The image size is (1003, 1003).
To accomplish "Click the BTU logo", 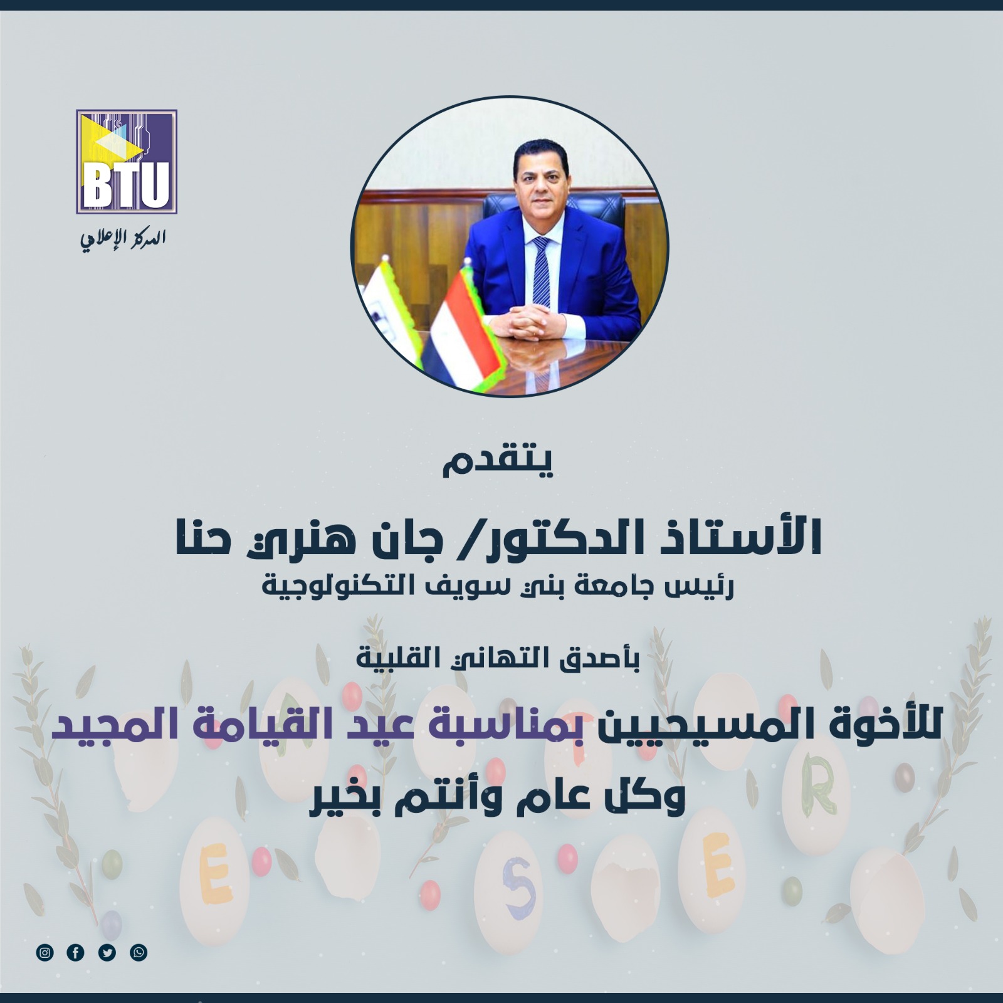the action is [x=127, y=161].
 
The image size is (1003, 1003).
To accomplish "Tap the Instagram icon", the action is [x=45, y=953].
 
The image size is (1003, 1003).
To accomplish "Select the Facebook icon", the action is [x=75, y=953].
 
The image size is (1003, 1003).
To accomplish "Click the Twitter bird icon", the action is [x=107, y=953].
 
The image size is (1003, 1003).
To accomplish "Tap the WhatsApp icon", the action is [x=139, y=953].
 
